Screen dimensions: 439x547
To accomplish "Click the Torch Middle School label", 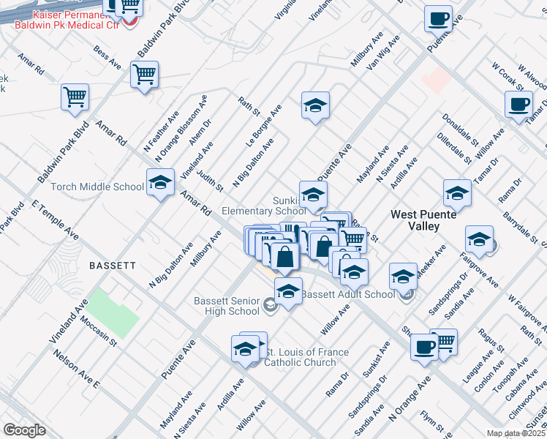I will [x=97, y=187].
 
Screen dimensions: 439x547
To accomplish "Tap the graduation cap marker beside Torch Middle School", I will [x=160, y=184].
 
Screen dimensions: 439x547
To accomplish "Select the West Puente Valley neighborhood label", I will [x=424, y=220].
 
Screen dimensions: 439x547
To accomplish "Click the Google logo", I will [x=24, y=429].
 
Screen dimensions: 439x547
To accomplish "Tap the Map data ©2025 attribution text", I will [x=516, y=433].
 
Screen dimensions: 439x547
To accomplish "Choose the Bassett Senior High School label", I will [x=227, y=306].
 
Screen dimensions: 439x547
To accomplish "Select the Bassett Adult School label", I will [x=348, y=295].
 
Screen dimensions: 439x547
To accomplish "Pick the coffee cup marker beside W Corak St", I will [x=518, y=104].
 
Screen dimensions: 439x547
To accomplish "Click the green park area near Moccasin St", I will [x=113, y=313].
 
